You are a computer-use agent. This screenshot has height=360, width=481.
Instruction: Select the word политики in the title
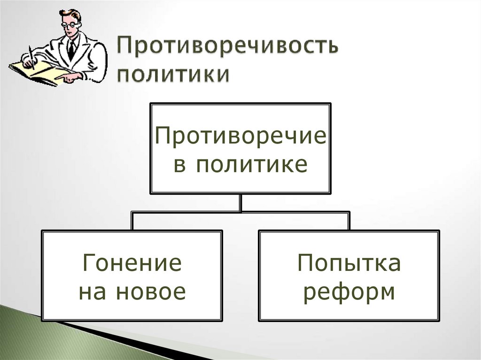pos(173,75)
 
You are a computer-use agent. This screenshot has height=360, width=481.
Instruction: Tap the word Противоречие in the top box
pos(240,137)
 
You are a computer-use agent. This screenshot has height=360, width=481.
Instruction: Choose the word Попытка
pos(349,263)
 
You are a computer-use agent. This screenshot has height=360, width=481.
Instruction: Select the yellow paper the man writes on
pos(35,73)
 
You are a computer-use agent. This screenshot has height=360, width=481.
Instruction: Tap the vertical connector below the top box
pos(240,202)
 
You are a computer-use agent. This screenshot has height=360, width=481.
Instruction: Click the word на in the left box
pos(90,292)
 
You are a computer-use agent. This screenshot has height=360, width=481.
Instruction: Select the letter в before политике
pos(178,166)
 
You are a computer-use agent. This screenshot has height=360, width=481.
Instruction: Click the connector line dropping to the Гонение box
pos(132,221)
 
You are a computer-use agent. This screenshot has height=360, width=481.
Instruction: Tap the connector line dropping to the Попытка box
pos(349,221)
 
